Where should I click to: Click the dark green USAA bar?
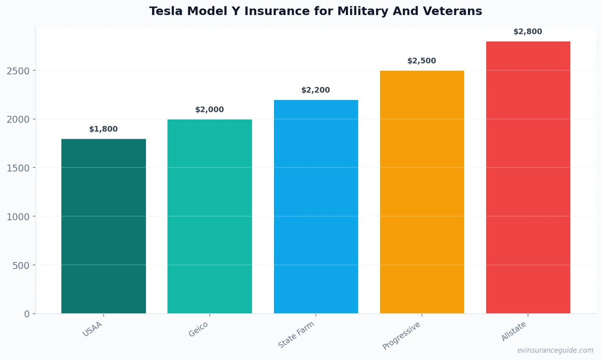point(103,226)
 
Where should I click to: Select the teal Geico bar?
point(209,216)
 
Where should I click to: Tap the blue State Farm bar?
point(316,206)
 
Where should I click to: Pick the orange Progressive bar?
point(422,192)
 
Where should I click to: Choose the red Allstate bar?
point(528,177)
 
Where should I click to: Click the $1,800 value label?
point(103,129)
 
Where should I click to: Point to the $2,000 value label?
point(209,110)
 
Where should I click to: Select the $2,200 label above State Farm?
point(315,90)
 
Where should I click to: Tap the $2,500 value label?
point(422,61)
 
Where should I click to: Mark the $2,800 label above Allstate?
point(528,32)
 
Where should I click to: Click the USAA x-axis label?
point(93,329)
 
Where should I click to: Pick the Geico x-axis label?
point(198,329)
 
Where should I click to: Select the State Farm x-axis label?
point(296,335)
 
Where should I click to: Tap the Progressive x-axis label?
point(402,336)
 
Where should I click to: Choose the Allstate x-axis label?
point(514,331)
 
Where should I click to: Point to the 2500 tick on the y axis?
point(18,71)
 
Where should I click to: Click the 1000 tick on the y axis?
point(18,217)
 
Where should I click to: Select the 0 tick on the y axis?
point(27,314)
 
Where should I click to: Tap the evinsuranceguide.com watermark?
point(555,350)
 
